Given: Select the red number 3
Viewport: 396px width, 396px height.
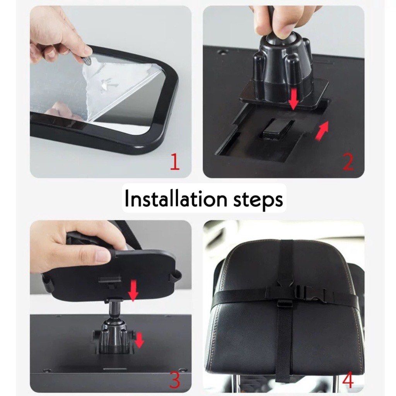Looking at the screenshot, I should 174,380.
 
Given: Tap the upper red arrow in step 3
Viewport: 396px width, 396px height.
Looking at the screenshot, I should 133,291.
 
